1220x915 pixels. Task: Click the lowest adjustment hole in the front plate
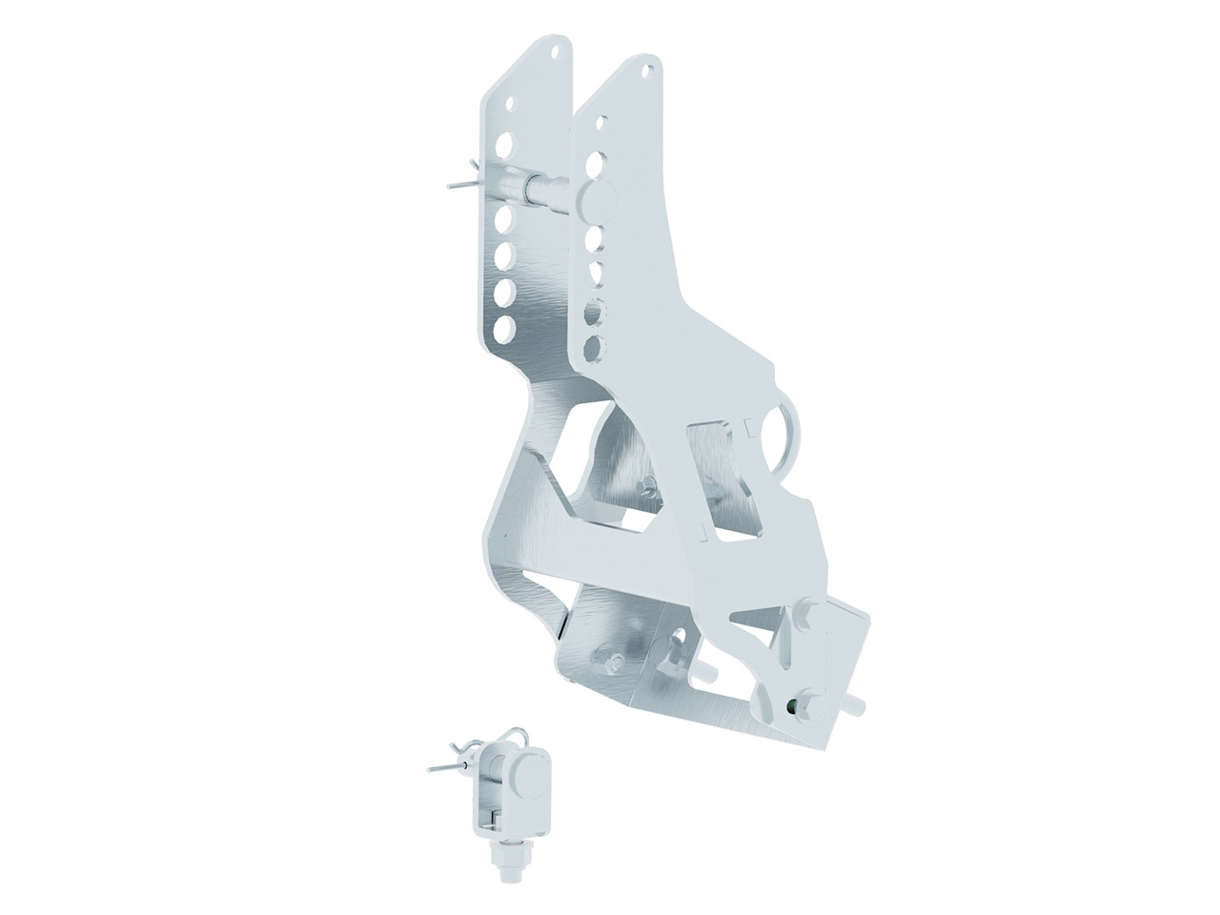click(x=594, y=345)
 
